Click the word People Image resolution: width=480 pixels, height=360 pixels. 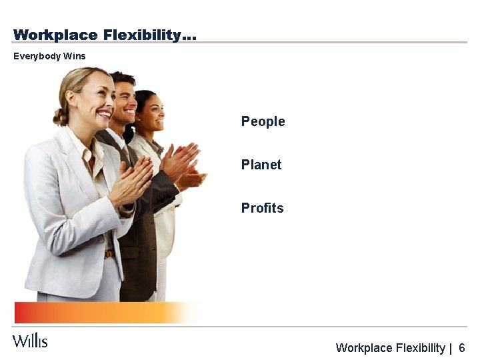pos(263,121)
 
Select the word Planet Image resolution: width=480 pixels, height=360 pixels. pos(261,165)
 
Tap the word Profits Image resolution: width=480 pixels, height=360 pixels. pos(262,208)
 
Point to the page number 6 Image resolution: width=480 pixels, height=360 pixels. pos(462,348)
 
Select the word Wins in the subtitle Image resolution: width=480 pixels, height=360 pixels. pos(75,56)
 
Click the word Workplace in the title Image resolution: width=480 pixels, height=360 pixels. pos(55,35)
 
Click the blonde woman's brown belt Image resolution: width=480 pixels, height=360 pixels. pos(108,254)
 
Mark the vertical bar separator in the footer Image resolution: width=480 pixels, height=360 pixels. pos(451,348)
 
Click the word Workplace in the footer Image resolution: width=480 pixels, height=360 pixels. pos(365,348)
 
